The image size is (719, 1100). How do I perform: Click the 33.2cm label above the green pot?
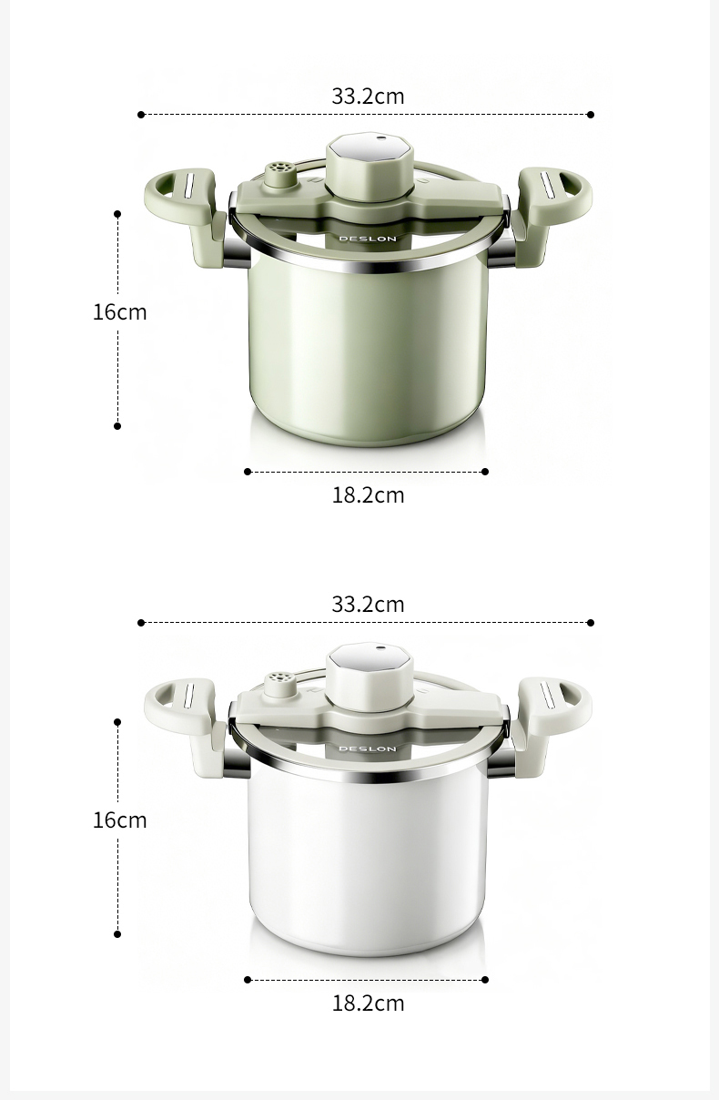(368, 97)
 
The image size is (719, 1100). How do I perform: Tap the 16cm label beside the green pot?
(120, 312)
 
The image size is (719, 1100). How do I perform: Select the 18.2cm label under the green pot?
(368, 495)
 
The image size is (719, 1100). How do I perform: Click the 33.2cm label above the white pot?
(368, 605)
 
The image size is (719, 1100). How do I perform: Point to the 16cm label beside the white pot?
(120, 820)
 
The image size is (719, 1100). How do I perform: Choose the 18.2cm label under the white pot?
(368, 1003)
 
